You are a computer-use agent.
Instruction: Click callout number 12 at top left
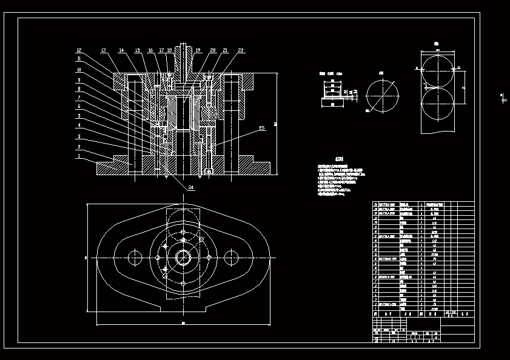tap(79, 50)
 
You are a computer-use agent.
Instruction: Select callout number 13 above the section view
tap(103, 50)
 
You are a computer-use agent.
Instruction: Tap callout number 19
tap(198, 50)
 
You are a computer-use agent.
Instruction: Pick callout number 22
tap(241, 50)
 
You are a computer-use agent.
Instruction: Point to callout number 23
tap(261, 128)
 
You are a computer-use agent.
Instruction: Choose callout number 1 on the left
tap(78, 155)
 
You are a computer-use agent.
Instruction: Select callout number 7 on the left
tap(78, 98)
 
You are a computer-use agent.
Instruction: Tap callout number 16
tap(150, 50)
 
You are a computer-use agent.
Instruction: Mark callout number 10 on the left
tap(78, 69)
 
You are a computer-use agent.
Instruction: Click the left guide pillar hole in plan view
tap(133, 258)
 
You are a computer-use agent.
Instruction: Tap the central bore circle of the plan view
tap(183, 258)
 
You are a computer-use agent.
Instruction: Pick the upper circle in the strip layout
tap(437, 70)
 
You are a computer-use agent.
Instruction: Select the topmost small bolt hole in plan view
tap(183, 232)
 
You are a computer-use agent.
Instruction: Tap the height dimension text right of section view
tap(275, 124)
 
